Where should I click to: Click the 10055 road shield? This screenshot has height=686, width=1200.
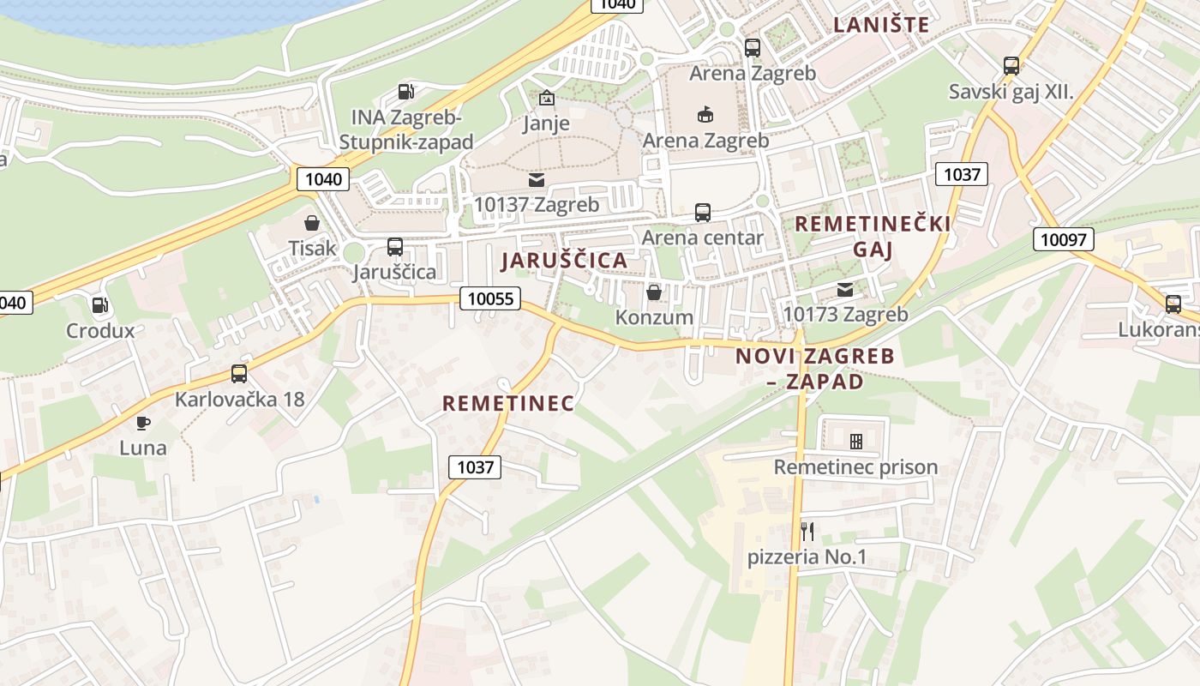point(491,298)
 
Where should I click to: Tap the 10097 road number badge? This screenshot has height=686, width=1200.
point(1063,239)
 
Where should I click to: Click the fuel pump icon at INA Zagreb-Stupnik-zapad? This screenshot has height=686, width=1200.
point(406,92)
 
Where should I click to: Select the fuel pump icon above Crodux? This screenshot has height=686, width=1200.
point(100,305)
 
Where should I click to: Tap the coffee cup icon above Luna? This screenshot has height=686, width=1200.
point(143,423)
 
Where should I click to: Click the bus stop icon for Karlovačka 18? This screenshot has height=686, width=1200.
point(239,374)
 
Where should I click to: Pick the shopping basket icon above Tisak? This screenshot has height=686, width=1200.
point(312,223)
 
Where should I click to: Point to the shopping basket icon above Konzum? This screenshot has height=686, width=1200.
point(654,292)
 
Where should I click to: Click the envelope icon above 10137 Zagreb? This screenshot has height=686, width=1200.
point(537,179)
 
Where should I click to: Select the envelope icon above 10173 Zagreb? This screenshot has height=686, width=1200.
point(845,290)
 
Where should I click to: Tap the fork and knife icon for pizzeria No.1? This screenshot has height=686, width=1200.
point(807,532)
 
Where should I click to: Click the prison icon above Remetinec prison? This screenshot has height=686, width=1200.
point(855,442)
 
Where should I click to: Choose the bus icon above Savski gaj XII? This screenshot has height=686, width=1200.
point(1011,66)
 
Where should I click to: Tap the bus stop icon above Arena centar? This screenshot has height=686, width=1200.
point(703,212)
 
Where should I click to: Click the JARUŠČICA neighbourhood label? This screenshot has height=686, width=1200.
point(564,260)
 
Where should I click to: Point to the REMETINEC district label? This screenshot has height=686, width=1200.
point(508,403)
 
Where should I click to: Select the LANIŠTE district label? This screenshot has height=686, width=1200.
point(882,25)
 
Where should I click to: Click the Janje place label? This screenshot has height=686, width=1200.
point(546,123)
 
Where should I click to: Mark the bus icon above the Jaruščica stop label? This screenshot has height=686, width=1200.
point(395,247)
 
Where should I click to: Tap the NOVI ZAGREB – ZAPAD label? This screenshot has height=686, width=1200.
point(803,369)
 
